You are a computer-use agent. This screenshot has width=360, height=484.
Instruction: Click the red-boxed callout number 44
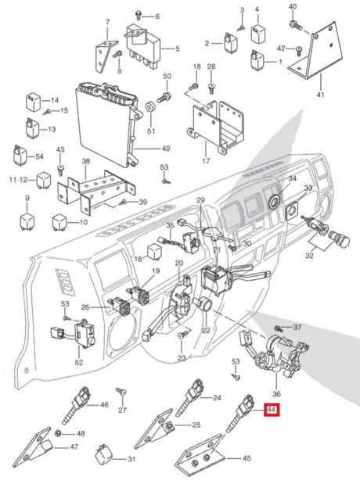coord(272,410)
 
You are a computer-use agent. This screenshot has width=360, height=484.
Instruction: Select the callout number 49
coord(166,149)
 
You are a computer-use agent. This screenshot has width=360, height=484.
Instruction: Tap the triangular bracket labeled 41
coord(315,51)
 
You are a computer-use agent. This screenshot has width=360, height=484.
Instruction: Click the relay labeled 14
coord(33,101)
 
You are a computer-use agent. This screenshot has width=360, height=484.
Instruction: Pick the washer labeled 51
coord(151,107)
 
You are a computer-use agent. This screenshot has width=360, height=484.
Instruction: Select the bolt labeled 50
coord(164,98)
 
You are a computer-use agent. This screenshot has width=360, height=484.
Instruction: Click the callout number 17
coord(206,161)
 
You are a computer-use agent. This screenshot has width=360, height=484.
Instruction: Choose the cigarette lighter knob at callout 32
coord(339,239)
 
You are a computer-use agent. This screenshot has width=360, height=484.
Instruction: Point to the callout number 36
coord(276,394)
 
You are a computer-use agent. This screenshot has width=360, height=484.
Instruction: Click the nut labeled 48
coord(57,433)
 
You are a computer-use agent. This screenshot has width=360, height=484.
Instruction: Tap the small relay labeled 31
coord(103,454)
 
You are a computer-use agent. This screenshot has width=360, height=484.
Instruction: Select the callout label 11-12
coord(19,180)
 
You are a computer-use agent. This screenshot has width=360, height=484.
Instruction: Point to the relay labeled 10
coord(59,221)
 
